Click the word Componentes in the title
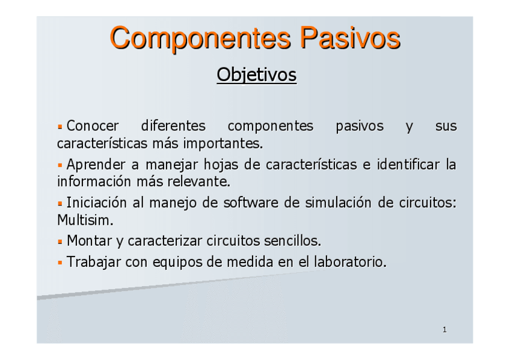click(x=200, y=38)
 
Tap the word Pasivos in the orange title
click(x=350, y=38)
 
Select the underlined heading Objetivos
click(x=257, y=75)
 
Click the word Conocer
click(x=93, y=126)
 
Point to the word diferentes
click(x=173, y=126)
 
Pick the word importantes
click(x=223, y=143)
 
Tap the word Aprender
click(x=96, y=165)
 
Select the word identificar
click(x=408, y=165)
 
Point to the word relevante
click(x=198, y=182)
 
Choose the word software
click(x=251, y=203)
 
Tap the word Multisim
click(x=85, y=220)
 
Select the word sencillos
click(x=292, y=241)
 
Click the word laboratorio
click(x=350, y=261)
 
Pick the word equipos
click(x=177, y=262)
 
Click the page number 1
click(x=444, y=330)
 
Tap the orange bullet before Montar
click(x=60, y=242)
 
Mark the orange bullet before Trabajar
click(x=60, y=262)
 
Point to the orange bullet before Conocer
click(x=60, y=127)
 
